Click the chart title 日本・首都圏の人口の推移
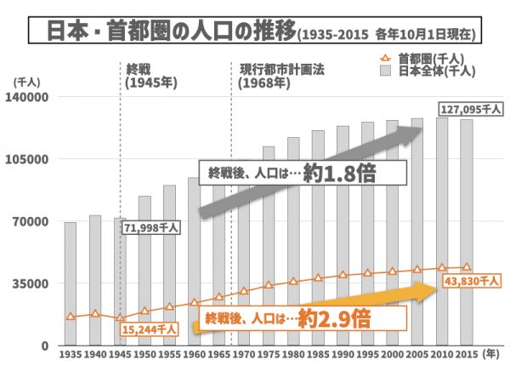tap(161, 31)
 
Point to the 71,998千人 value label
tap(151, 227)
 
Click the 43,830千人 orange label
tap(471, 280)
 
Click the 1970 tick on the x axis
tap(244, 353)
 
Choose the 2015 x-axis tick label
tap(466, 353)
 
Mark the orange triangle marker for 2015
tap(466, 266)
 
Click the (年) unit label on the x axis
tap(490, 353)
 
